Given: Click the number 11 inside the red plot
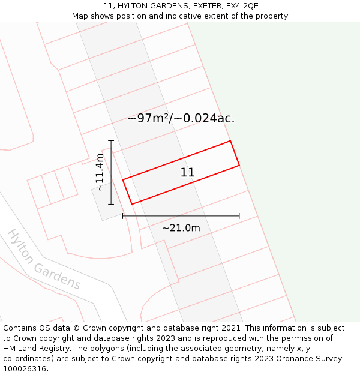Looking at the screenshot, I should coord(187,173).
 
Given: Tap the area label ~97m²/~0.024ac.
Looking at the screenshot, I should coord(181,118).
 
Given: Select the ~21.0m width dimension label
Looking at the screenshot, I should coord(181,228).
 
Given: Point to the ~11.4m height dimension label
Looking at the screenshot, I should coord(100,172).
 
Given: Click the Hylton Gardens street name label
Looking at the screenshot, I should coord(44,259).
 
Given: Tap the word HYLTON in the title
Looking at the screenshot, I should coord(135,6).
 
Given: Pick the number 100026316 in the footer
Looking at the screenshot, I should coord(25,369).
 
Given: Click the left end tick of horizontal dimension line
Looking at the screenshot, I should coord(123,215).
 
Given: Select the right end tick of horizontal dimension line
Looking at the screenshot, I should coord(239,215).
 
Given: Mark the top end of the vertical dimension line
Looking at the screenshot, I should coord(111,140).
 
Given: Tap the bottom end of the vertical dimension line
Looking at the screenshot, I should coord(111,204).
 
